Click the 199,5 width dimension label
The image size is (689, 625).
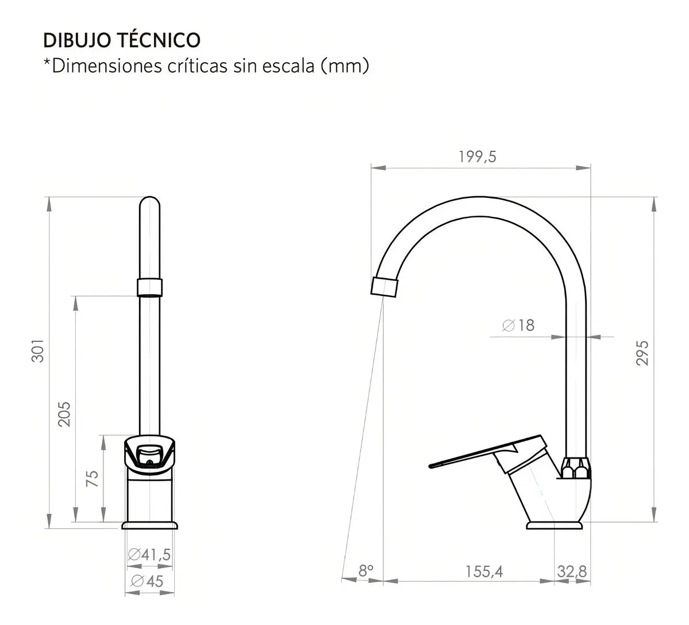(477, 157)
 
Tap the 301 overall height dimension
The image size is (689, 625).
(39, 350)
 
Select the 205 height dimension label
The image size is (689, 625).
(64, 414)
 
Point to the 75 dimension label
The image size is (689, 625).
(93, 478)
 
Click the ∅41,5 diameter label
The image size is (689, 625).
(149, 555)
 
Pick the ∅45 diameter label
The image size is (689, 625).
(147, 581)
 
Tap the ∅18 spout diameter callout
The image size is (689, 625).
(518, 325)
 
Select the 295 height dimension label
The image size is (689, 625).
(642, 353)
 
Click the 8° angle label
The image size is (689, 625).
(365, 571)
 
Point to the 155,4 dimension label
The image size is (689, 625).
(484, 571)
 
